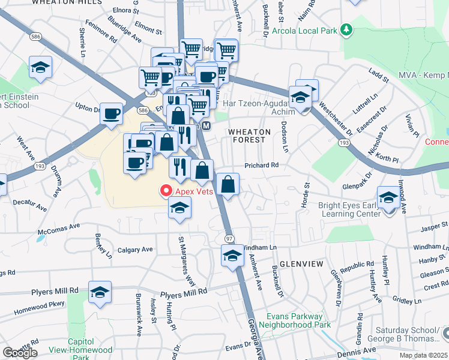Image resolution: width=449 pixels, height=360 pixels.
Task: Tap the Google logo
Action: point(20,353)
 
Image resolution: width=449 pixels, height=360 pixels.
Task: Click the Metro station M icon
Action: point(206,126)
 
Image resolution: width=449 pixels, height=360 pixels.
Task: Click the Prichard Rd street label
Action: point(262,165)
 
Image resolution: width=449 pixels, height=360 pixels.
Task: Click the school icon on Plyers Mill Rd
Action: point(100,292)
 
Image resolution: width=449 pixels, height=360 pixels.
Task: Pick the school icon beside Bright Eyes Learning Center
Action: point(388,197)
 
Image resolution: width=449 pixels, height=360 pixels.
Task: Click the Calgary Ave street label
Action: point(135,249)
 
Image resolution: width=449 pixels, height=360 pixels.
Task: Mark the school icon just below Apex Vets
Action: point(178,209)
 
